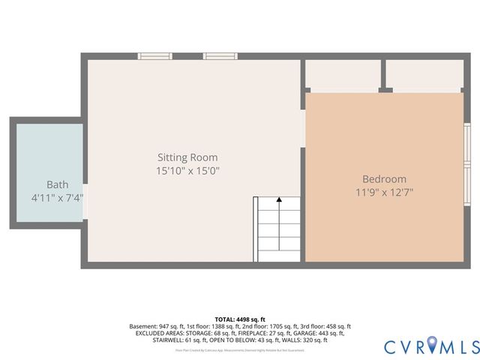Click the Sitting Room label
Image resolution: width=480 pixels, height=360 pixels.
click(x=187, y=157)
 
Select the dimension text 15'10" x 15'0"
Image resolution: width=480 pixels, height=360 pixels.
click(x=187, y=171)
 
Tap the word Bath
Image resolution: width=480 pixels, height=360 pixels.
click(x=57, y=184)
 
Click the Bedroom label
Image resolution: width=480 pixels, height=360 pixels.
click(x=384, y=179)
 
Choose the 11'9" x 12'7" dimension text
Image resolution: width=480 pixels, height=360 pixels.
click(x=384, y=192)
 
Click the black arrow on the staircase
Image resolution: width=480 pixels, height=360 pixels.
click(x=279, y=199)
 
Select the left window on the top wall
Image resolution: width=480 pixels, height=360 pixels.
click(x=154, y=56)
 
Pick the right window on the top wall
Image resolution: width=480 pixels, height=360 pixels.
click(x=220, y=56)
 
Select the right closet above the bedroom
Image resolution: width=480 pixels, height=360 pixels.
click(x=424, y=74)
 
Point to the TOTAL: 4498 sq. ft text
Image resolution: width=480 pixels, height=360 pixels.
click(x=240, y=319)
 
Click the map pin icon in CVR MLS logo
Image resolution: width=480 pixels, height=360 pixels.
click(x=430, y=346)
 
